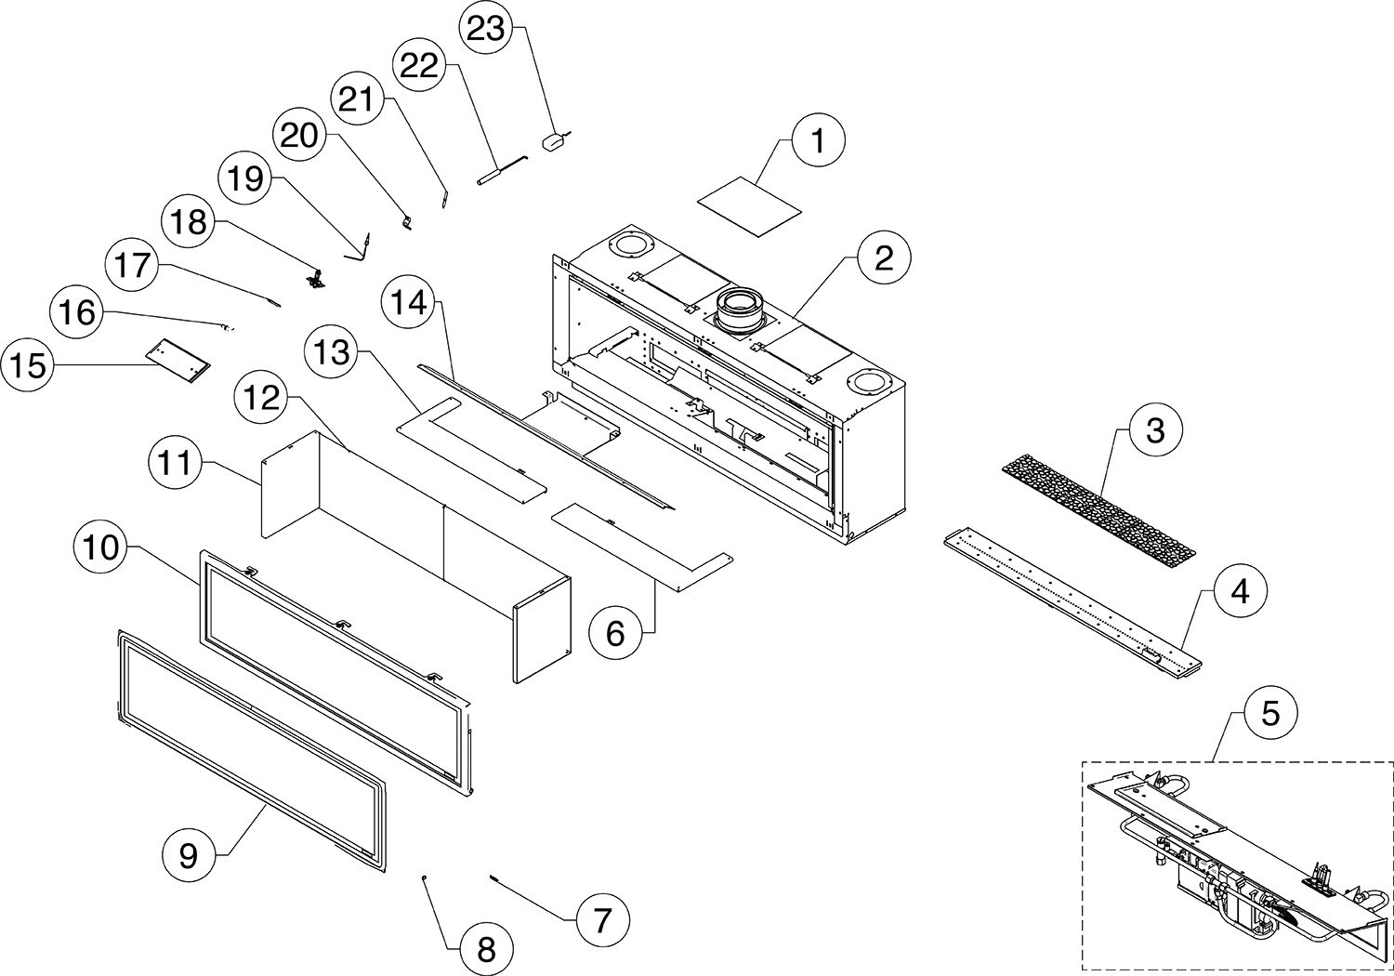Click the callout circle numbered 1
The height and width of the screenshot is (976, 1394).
click(817, 141)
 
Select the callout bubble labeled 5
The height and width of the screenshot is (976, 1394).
click(1269, 714)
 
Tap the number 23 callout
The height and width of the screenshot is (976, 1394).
click(485, 28)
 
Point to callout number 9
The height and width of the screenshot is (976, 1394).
click(188, 855)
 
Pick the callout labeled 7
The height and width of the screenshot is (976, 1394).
click(601, 920)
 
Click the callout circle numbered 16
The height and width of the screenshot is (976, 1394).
click(78, 311)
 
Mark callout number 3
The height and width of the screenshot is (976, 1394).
click(1155, 430)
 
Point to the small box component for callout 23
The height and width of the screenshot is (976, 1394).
click(555, 140)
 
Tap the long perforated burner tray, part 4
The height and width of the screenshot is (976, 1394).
click(1073, 604)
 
